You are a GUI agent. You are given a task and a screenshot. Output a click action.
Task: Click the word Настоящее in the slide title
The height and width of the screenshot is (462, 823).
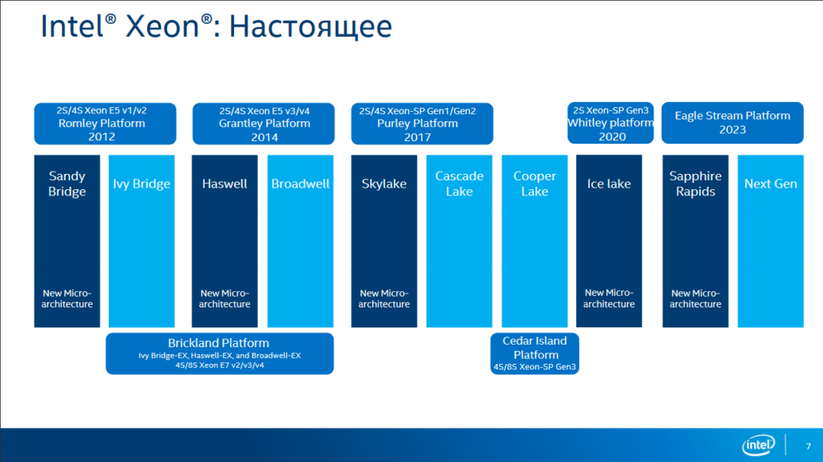310,27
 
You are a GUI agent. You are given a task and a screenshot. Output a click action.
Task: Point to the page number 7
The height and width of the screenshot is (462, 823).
806,445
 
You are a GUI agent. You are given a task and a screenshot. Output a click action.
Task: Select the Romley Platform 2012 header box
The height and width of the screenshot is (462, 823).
101,124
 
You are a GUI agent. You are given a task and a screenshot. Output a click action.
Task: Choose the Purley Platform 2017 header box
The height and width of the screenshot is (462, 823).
421,124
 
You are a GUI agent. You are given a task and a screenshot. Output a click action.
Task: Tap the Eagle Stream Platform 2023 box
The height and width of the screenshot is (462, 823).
732,123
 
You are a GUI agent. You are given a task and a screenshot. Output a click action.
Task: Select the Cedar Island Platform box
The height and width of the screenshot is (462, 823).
535,353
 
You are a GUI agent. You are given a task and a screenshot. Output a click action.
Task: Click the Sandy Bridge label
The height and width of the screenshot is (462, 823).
67,184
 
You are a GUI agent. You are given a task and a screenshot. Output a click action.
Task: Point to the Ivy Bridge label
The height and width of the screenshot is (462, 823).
141,184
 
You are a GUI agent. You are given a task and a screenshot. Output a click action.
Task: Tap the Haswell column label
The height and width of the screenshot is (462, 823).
225,184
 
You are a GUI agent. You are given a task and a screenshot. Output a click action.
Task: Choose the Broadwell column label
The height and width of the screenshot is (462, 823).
300,184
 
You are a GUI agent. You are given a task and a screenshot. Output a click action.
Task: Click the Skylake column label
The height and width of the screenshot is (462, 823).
384,184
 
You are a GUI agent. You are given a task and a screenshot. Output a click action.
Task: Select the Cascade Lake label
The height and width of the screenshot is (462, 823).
459,184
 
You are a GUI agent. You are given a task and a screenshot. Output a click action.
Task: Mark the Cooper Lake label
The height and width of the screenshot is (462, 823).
535,184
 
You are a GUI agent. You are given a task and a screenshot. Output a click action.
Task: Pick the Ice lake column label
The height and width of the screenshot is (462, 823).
609,184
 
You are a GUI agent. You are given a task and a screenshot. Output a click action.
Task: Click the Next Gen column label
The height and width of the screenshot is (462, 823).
770,184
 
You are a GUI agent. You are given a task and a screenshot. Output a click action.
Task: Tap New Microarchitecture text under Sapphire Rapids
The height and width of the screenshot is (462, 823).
695,298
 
